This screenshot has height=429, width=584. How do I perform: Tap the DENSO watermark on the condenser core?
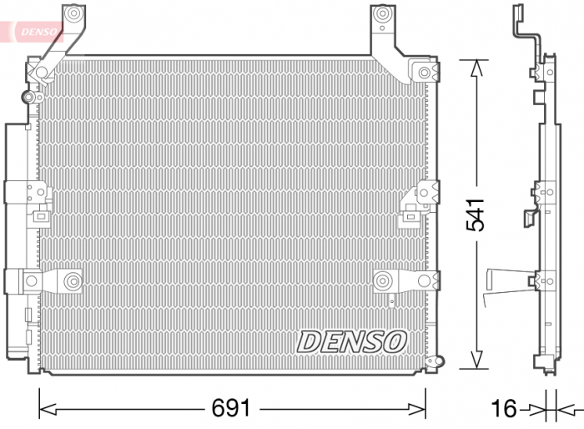(351, 341)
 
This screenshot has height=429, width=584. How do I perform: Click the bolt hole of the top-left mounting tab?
(73, 14)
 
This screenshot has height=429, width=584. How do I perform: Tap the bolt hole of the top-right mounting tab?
(382, 14)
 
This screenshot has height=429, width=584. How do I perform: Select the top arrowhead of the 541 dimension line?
(476, 68)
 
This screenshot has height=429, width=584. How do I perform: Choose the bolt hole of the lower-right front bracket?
(385, 280)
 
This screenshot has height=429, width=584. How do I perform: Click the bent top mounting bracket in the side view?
(526, 33)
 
